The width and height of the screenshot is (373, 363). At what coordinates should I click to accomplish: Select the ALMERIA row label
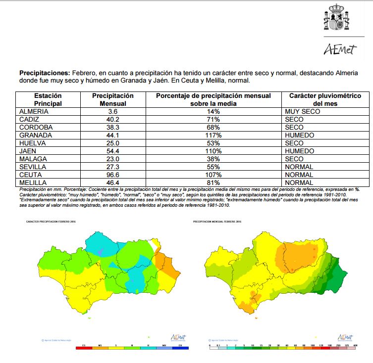coord(34,112)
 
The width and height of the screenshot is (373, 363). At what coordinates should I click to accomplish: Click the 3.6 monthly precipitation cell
coord(113,112)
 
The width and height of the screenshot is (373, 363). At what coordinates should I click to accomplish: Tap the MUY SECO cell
coord(303,112)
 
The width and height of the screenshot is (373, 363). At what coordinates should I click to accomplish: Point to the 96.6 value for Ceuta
coord(113,175)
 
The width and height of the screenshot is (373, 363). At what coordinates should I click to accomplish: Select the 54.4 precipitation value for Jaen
coord(113,151)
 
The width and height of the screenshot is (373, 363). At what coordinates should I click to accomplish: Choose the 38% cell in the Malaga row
coord(213,159)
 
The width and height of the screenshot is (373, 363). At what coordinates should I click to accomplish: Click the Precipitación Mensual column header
coord(113,100)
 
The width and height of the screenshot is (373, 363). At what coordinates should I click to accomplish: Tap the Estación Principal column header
coord(48,100)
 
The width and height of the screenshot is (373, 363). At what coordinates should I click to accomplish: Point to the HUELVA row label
coord(32,143)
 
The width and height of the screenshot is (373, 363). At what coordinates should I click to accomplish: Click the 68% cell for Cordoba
coord(213,128)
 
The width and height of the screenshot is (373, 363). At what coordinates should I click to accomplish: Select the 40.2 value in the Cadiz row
coord(113,120)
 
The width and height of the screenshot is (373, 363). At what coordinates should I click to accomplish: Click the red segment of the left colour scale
coord(84,348)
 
